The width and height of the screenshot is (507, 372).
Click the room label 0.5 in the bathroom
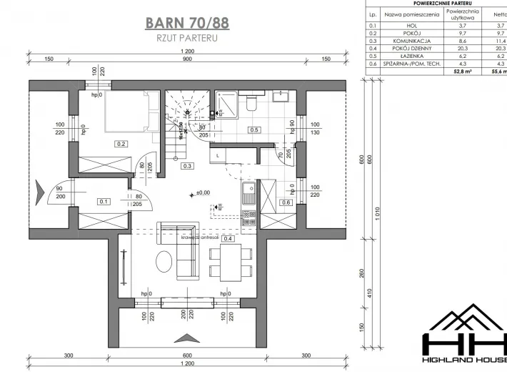[x=254, y=130]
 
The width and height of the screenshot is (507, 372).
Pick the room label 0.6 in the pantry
[x=286, y=202]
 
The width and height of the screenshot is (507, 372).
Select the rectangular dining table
[x=231, y=262]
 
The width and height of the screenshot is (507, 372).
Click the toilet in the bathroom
[x=250, y=104]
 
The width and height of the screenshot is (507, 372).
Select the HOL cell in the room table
[x=413, y=24]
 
